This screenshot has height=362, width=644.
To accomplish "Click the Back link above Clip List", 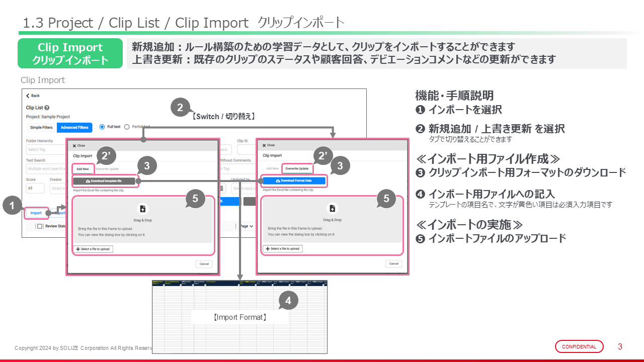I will [33, 96].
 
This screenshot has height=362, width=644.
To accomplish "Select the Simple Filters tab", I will [41, 127].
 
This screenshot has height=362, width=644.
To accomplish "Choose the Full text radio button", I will [102, 127].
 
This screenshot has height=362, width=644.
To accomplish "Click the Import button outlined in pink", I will [36, 213].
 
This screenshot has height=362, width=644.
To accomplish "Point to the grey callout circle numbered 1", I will [13, 206].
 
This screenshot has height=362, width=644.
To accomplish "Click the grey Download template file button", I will [104, 180].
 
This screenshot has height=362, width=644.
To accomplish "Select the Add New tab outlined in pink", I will [83, 169].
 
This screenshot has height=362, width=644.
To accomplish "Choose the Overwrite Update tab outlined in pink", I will [297, 168].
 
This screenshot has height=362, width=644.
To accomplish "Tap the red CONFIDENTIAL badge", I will [579, 346].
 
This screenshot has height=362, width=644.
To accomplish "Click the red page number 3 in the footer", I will [620, 346].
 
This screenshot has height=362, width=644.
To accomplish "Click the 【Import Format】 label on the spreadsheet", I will [239, 317].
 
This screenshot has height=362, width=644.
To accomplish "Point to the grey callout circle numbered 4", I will [288, 301].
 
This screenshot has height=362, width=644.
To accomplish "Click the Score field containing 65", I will [35, 189].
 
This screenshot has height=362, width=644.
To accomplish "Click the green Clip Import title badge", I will [70, 53].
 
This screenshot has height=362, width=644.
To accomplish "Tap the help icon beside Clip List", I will [47, 108].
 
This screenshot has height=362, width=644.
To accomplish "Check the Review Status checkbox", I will [40, 226].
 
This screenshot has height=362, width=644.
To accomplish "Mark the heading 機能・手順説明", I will [454, 96].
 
